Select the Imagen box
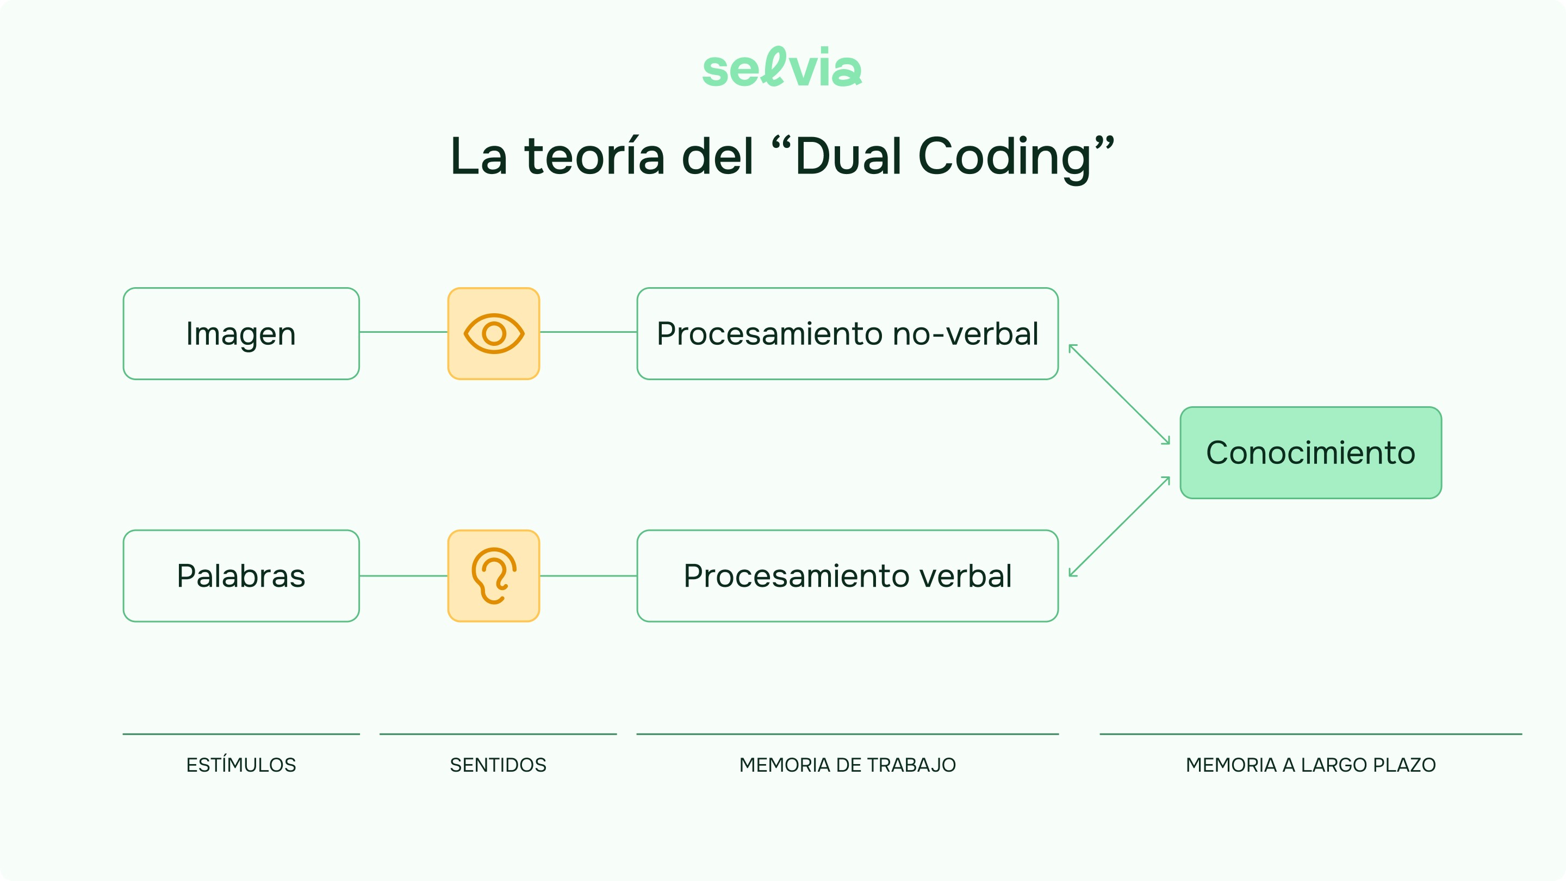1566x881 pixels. click(241, 334)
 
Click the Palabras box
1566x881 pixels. click(241, 576)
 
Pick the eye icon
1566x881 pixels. click(494, 334)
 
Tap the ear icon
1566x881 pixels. click(494, 576)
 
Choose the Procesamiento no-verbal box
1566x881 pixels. click(848, 334)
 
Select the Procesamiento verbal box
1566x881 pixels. click(848, 576)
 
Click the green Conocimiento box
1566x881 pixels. click(1310, 453)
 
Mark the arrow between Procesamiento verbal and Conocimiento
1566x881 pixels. click(1119, 526)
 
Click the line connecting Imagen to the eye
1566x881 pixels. click(403, 332)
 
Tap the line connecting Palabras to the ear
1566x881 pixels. click(403, 576)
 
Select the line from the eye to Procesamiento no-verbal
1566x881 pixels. click(588, 332)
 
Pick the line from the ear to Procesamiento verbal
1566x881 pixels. click(588, 576)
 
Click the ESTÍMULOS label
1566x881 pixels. click(241, 765)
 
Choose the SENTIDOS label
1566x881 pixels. click(498, 765)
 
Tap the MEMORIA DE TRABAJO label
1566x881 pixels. click(848, 765)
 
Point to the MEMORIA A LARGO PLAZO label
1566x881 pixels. click(1310, 765)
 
